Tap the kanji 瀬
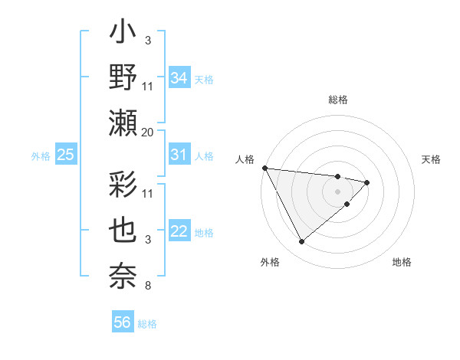[x=124, y=123]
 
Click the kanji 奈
[x=124, y=273]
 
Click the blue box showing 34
[x=179, y=77]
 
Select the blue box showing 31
[x=179, y=155]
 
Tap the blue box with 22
[x=179, y=232]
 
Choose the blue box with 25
[x=65, y=155]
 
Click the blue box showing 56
[x=122, y=322]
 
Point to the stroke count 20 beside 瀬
[x=148, y=132]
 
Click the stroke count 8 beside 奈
[x=148, y=286]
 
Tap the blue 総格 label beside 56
[x=147, y=324]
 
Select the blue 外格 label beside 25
[x=41, y=156]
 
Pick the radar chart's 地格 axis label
[x=402, y=262]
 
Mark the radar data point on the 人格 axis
[x=264, y=168]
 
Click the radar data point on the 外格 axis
[x=301, y=242]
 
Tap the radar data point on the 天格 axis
[x=367, y=182]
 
